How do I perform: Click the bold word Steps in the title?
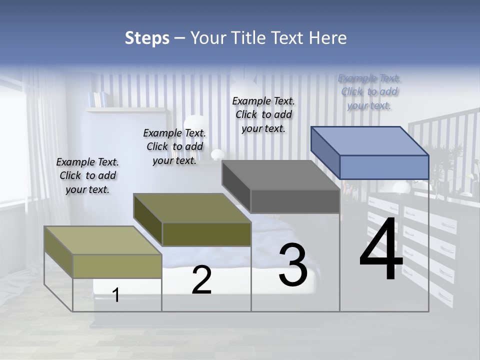pyautogui.click(x=147, y=38)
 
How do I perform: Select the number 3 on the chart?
pyautogui.click(x=292, y=265)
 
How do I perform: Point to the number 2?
pyautogui.click(x=201, y=280)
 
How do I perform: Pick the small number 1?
pyautogui.click(x=116, y=295)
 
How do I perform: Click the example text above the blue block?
pyautogui.click(x=369, y=92)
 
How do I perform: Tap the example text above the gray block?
pyautogui.click(x=263, y=114)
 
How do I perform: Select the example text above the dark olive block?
pyautogui.click(x=174, y=146)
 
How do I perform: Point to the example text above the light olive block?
pyautogui.click(x=87, y=175)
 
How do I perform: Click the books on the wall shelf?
pyautogui.click(x=97, y=98)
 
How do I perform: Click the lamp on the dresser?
pyautogui.click(x=401, y=187)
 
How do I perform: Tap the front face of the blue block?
pyautogui.click(x=384, y=167)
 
